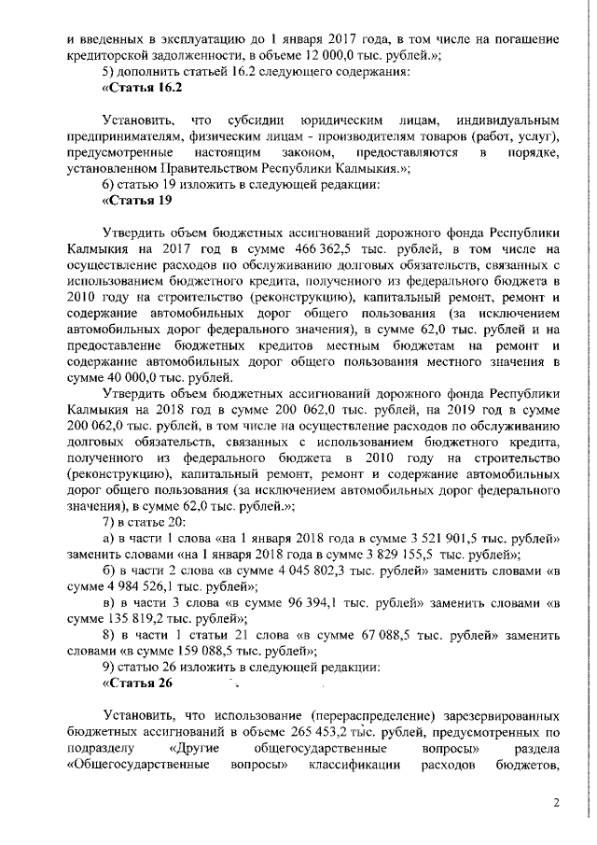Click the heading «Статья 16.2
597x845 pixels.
click(x=141, y=88)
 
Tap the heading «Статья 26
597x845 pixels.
click(x=137, y=683)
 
